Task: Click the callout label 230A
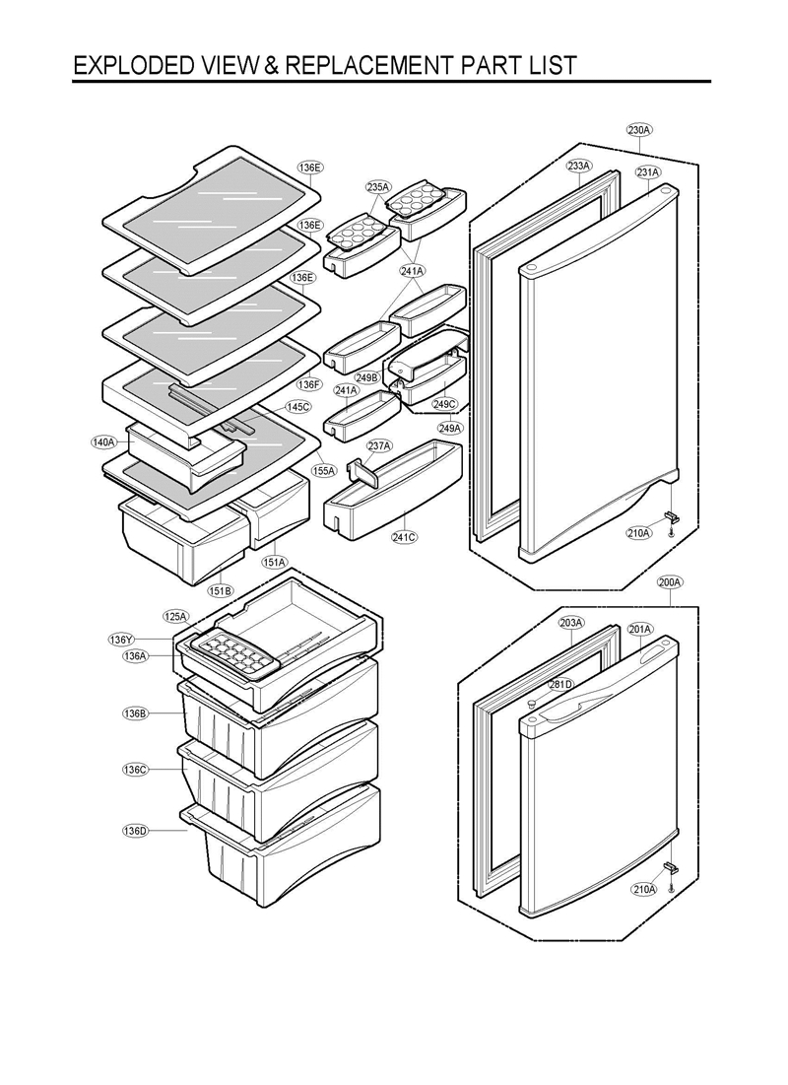tap(639, 130)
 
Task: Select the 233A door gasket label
tap(579, 167)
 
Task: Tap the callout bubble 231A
tap(647, 172)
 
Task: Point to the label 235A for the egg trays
tap(378, 187)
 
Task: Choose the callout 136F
tap(309, 384)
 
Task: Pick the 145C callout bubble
tap(298, 406)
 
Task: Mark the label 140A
tap(104, 442)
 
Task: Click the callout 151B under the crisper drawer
tap(220, 590)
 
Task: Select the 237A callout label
tap(379, 446)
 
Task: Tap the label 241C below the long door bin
tap(404, 537)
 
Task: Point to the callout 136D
tap(135, 831)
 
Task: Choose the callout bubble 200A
tap(670, 582)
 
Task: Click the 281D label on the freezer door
tap(560, 685)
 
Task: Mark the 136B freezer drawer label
tap(135, 712)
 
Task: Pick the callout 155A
tap(324, 471)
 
